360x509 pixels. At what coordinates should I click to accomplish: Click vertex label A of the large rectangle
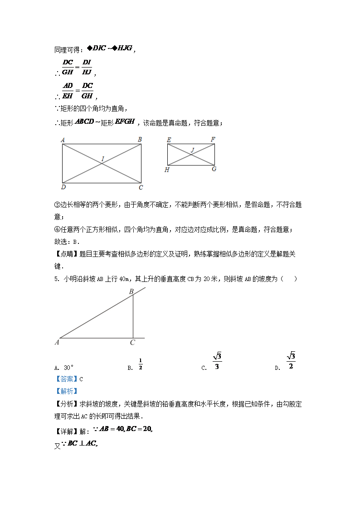tap(62, 140)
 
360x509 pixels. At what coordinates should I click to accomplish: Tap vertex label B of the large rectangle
tap(140, 140)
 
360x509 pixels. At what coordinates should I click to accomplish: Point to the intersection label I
tap(103, 159)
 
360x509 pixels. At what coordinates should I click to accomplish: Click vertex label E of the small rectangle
tap(169, 140)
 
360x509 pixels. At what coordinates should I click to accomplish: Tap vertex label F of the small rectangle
tap(213, 140)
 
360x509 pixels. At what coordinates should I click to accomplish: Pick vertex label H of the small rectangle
tap(167, 170)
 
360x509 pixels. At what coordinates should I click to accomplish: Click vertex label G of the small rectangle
tap(214, 169)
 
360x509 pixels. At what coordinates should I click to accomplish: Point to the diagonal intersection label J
tap(192, 150)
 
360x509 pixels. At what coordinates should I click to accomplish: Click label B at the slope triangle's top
tap(131, 292)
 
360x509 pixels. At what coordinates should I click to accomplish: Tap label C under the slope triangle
tap(132, 343)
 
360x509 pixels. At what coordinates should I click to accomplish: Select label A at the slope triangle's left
tap(57, 343)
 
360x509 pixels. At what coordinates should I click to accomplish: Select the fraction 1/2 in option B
tap(141, 364)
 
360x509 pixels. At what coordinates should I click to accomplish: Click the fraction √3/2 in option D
tap(291, 361)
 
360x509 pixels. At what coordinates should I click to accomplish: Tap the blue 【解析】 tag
tap(66, 391)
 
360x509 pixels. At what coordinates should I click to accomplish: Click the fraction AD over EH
tap(68, 90)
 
